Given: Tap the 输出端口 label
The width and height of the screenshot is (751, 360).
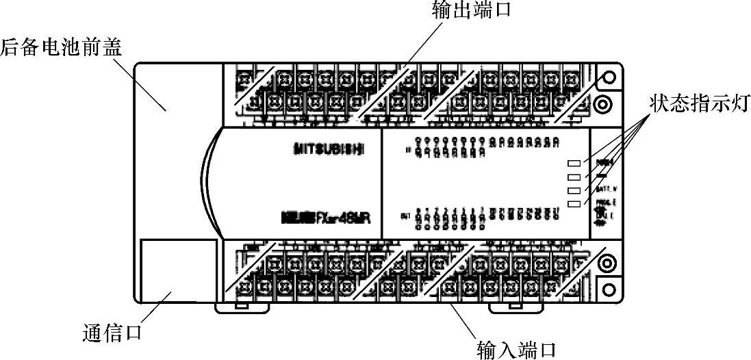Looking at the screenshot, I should point(472,10).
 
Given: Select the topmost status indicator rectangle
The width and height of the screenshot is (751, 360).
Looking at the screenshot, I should point(574,164).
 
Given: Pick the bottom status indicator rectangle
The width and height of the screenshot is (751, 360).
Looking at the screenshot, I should point(574,204).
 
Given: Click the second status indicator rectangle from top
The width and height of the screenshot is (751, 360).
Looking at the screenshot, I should point(574,177).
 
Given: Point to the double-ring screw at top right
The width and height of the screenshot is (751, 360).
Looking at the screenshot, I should point(603,104).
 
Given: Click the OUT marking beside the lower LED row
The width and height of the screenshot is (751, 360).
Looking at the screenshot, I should point(406,217).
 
